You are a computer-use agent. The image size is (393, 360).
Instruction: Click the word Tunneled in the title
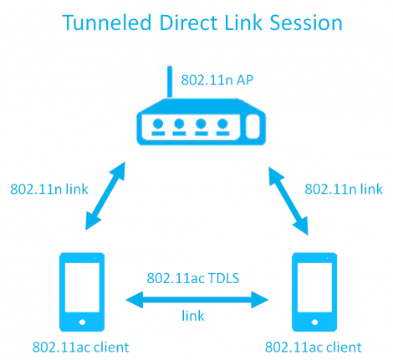coord(107,23)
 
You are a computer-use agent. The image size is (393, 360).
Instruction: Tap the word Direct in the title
coord(190,23)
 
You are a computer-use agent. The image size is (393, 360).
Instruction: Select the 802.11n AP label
coord(217,80)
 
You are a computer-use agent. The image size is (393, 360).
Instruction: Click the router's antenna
coord(170,82)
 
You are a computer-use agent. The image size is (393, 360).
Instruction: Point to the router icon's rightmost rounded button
coord(253,126)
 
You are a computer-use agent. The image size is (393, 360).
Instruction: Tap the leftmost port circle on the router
coord(158,124)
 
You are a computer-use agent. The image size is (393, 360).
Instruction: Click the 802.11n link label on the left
coord(49,189)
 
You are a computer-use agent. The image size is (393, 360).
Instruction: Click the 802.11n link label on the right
coord(344,189)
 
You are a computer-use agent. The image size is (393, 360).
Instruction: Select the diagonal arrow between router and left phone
coord(105,196)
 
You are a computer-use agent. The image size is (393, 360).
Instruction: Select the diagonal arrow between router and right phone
coord(288,200)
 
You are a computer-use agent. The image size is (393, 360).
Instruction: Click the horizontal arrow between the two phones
coord(196,300)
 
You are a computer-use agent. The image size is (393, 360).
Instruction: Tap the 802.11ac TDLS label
coord(193,278)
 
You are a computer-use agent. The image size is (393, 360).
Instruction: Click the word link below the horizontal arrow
coord(193,316)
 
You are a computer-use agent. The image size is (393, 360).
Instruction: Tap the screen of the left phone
coord(82,287)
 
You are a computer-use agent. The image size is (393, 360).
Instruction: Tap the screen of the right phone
coord(314,287)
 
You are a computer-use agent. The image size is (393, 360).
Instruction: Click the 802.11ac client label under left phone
coord(81,347)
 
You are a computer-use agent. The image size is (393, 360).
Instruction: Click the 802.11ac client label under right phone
coord(314,347)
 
